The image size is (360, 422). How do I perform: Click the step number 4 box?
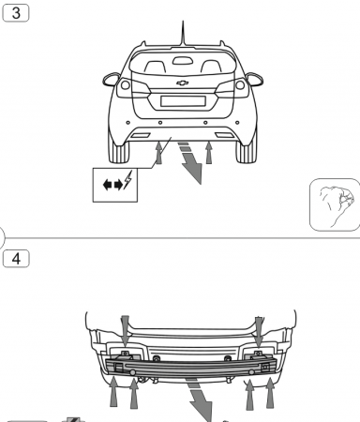[x=16, y=256]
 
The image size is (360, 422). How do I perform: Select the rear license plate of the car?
[x=182, y=101]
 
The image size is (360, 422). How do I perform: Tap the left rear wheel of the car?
[x=120, y=150]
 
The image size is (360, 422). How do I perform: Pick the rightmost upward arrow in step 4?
[x=271, y=392]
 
